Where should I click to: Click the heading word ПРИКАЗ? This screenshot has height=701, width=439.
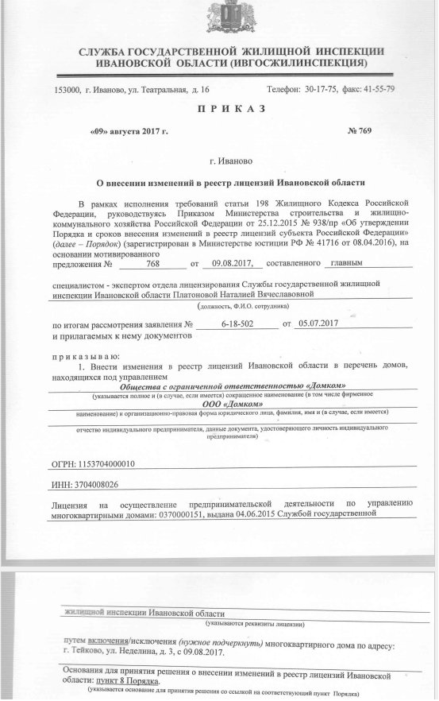(219, 108)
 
